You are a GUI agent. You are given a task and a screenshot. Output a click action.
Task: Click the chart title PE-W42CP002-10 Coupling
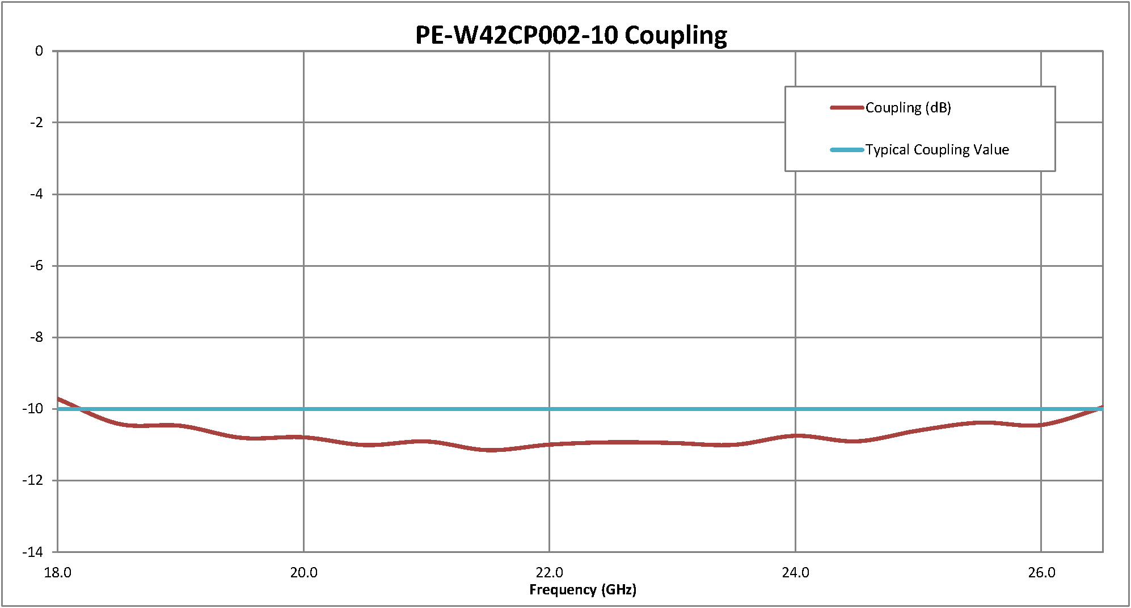[571, 35]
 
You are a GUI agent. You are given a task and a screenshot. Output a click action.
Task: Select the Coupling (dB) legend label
[908, 108]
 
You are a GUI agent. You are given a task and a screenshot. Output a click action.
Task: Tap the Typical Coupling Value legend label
[937, 150]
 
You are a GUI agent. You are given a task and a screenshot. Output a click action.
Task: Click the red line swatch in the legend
[847, 108]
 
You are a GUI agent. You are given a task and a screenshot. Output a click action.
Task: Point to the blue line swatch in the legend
[847, 150]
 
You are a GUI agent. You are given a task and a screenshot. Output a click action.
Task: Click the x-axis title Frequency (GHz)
[583, 590]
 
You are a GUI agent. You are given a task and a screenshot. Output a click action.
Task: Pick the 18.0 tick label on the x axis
[57, 573]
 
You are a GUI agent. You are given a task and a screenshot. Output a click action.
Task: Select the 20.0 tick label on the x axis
[303, 573]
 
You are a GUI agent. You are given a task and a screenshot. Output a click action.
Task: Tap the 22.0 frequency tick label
[549, 573]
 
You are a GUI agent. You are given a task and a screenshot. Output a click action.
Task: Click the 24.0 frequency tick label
[795, 573]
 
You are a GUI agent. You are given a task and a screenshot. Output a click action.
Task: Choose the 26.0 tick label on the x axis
[1041, 573]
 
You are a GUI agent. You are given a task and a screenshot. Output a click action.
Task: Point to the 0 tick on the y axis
[39, 51]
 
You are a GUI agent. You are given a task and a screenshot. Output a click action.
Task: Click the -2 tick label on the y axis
[36, 123]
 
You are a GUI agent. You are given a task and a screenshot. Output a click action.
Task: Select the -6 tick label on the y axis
[36, 266]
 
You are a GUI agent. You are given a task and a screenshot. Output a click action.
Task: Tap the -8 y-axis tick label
[36, 337]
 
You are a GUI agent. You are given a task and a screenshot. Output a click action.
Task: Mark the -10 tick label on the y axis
[33, 409]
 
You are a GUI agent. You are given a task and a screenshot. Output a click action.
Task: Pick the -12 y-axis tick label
[33, 480]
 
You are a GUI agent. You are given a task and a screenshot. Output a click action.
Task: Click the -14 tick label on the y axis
[33, 552]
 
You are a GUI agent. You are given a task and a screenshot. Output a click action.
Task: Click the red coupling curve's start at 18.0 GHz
[58, 399]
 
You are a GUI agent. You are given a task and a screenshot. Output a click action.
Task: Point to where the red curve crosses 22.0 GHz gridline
[549, 445]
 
